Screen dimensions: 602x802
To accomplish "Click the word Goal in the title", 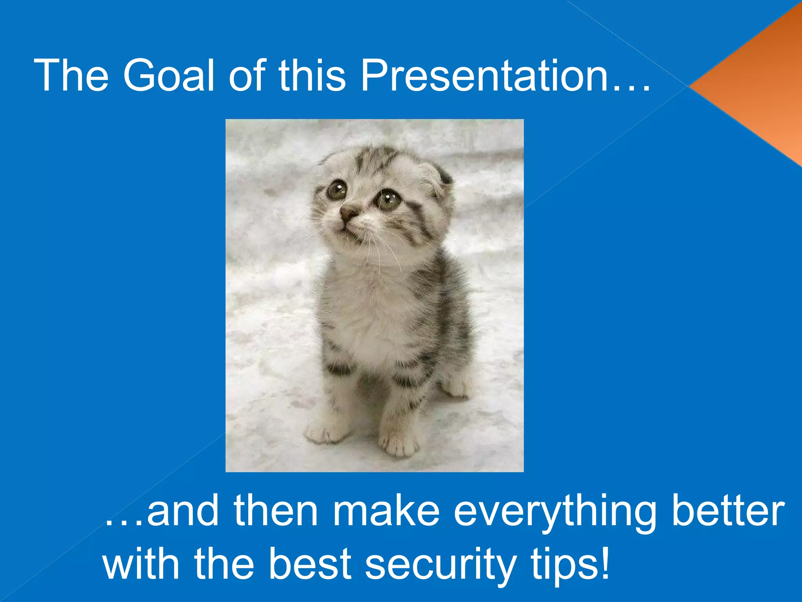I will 169,75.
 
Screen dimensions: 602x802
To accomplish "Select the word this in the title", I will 312,75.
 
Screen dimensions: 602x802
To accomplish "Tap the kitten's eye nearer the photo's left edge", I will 336,190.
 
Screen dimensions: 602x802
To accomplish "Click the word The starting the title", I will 71,75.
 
